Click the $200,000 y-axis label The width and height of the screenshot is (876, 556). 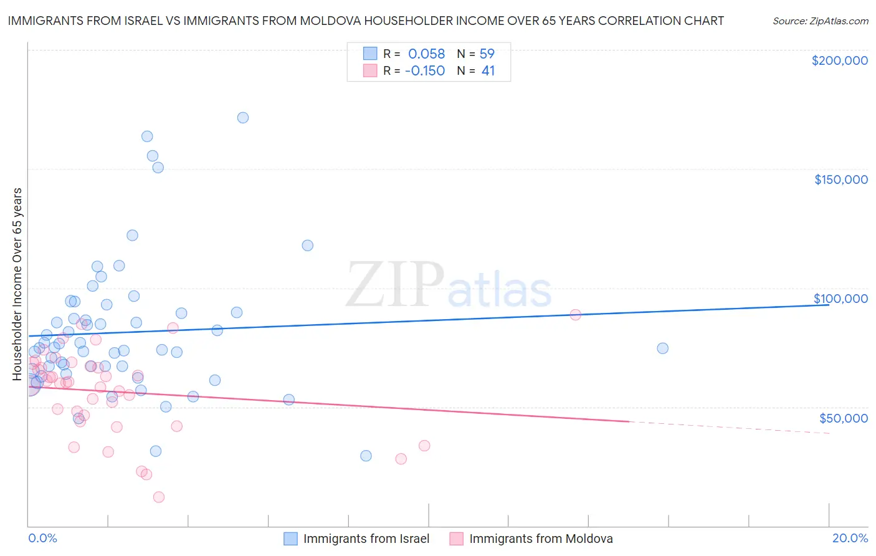(839, 60)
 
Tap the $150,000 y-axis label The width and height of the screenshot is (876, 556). (840, 180)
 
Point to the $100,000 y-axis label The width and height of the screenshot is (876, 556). (840, 299)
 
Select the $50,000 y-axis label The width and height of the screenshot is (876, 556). (843, 418)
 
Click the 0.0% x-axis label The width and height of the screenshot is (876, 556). (42, 538)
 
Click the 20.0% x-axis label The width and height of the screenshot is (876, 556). (850, 538)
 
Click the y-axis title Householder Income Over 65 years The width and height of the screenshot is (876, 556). (17, 284)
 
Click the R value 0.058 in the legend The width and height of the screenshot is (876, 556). (426, 54)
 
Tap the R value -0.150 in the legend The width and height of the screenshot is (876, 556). (424, 71)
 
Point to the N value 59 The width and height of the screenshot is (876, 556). (487, 54)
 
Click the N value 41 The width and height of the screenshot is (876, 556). (488, 71)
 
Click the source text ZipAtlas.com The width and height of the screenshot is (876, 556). (820, 21)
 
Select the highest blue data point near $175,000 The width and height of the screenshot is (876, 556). (243, 118)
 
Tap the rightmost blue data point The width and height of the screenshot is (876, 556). (662, 348)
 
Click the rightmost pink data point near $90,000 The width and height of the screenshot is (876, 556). (575, 315)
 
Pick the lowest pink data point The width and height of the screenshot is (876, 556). (159, 497)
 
